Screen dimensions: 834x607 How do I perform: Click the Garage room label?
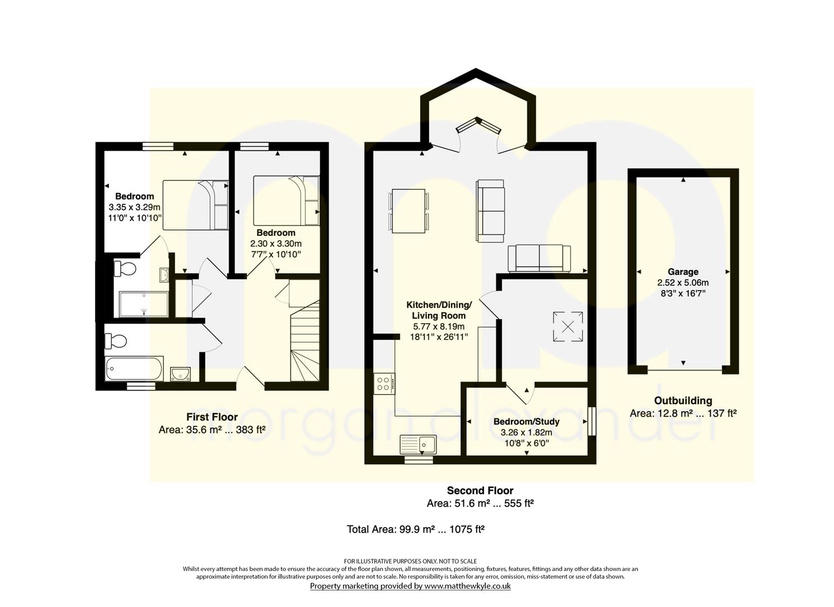pos(683,271)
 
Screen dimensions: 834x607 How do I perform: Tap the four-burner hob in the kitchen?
pos(384,384)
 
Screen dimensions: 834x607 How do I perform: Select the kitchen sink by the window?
pos(418,445)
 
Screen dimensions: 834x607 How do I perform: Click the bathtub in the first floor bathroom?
pos(134,369)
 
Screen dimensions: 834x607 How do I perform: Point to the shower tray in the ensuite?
pos(144,305)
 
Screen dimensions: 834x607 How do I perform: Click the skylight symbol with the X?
pos(568,327)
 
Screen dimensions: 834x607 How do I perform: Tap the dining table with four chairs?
pos(408,211)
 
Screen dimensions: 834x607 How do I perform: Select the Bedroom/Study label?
pos(526,422)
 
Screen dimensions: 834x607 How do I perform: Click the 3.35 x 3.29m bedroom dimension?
pos(134,207)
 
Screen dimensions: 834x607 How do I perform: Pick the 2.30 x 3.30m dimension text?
pos(276,244)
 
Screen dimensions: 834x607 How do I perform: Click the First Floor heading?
pos(212,416)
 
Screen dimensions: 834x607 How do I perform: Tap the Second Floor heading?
pos(480,490)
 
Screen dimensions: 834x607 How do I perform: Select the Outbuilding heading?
pos(683,401)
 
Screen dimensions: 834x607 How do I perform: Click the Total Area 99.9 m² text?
pos(416,529)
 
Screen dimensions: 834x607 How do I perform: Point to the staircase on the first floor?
pos(305,341)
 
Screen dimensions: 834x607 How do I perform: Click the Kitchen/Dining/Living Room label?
pos(439,310)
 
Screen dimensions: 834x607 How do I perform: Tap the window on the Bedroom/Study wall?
pos(591,422)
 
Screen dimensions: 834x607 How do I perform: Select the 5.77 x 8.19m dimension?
pos(439,327)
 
